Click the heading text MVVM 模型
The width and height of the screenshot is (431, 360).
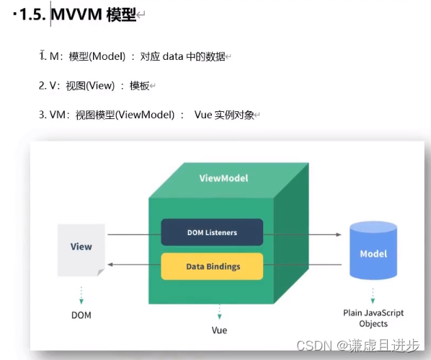click(93, 14)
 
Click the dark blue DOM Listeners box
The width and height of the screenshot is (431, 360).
click(211, 232)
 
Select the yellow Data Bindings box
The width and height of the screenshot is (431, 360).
click(211, 266)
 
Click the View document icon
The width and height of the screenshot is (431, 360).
click(81, 249)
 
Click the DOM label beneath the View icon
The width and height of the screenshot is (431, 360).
click(81, 315)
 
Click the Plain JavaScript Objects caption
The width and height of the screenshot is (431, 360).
click(373, 318)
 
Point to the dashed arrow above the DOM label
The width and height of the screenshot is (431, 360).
click(81, 294)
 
